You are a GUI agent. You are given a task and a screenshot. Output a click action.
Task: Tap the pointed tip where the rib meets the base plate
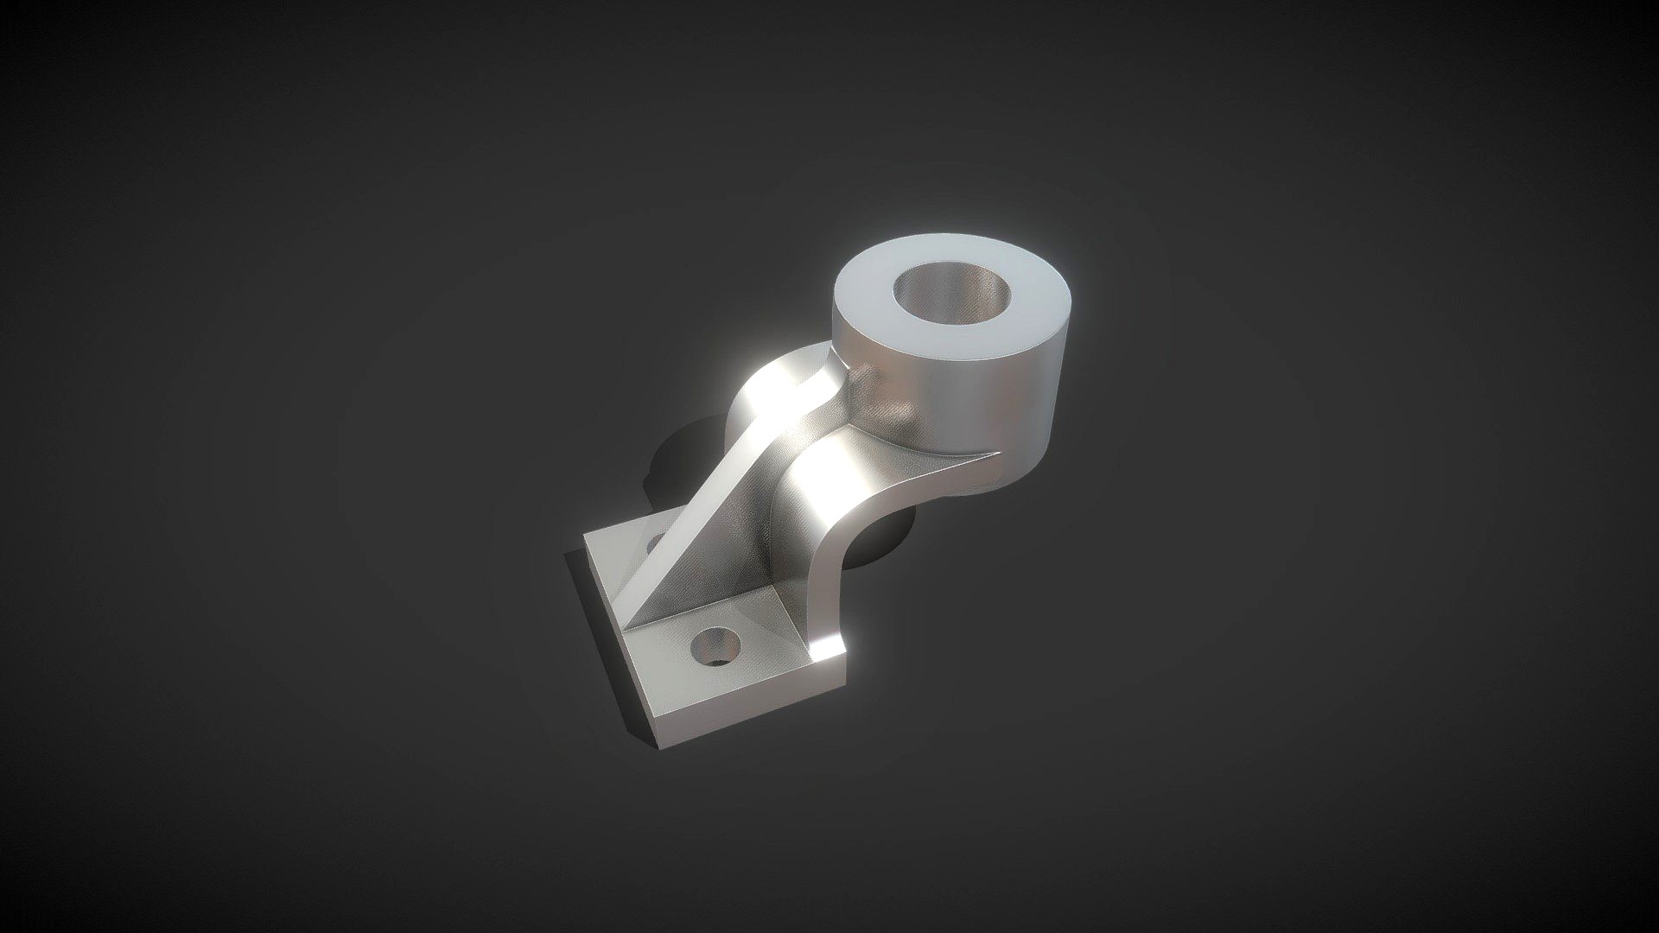tap(629, 624)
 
